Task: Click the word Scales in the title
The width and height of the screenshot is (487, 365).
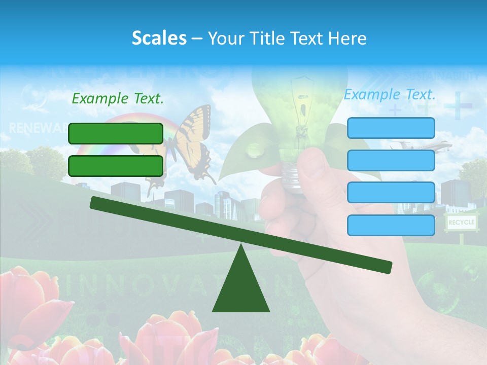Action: pos(159,38)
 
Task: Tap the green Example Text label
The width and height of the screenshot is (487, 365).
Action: pos(118,98)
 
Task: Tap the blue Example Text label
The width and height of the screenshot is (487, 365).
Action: pos(390,94)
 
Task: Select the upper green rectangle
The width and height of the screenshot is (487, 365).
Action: pos(116,133)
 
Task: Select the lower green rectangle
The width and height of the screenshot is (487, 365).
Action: pos(116,166)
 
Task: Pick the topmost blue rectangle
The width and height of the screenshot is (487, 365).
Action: pos(391,128)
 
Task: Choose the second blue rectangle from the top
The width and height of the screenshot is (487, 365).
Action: pos(391,160)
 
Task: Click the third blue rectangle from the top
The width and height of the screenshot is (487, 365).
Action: pos(391,193)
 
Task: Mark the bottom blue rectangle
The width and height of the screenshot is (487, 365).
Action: pos(391,225)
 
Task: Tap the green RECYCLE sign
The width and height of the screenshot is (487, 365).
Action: pos(461,222)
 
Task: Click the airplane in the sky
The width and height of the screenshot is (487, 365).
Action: pos(421,147)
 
